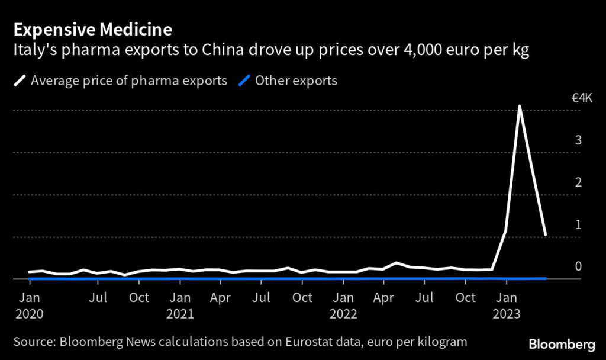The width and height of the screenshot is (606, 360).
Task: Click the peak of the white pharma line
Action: click(520, 107)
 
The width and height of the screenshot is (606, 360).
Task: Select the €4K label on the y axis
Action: click(582, 98)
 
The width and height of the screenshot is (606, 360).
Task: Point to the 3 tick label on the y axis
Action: click(578, 140)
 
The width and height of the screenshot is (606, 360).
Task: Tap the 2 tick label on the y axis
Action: click(578, 182)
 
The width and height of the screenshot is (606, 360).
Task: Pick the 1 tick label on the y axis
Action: click(579, 224)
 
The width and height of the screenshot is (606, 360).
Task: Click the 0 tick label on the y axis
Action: click(578, 266)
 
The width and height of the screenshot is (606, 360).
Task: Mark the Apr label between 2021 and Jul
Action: click(220, 297)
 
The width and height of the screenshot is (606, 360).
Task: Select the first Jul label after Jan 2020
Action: click(98, 297)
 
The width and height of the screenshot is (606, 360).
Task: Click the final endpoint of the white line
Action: click(546, 235)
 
